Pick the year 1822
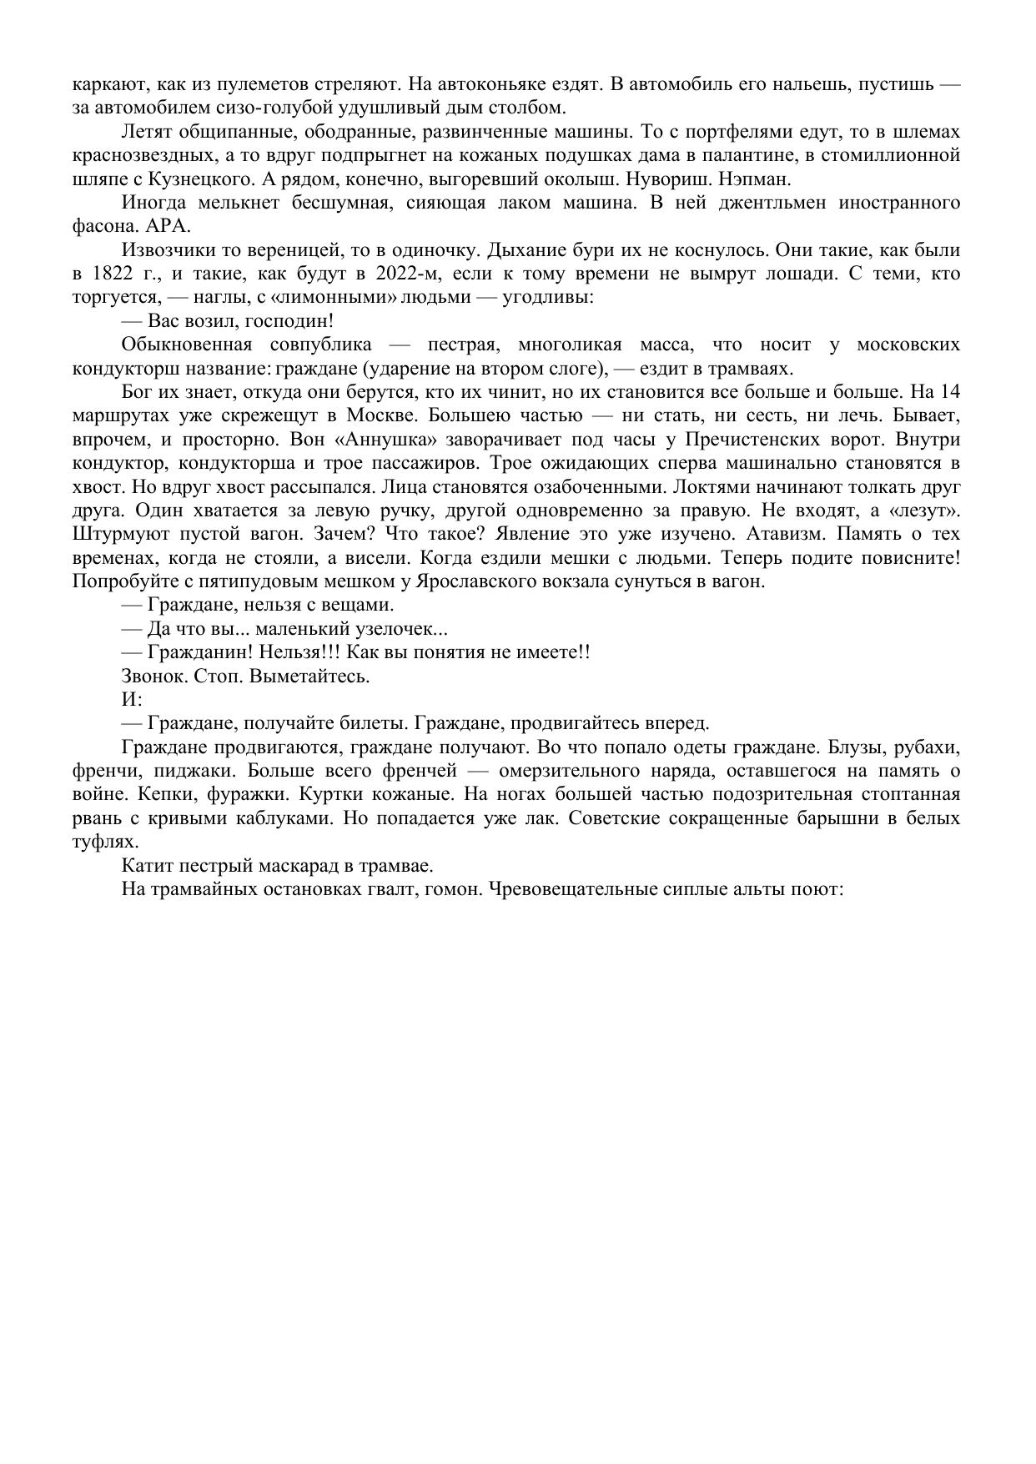(114, 274)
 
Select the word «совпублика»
(321, 345)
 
